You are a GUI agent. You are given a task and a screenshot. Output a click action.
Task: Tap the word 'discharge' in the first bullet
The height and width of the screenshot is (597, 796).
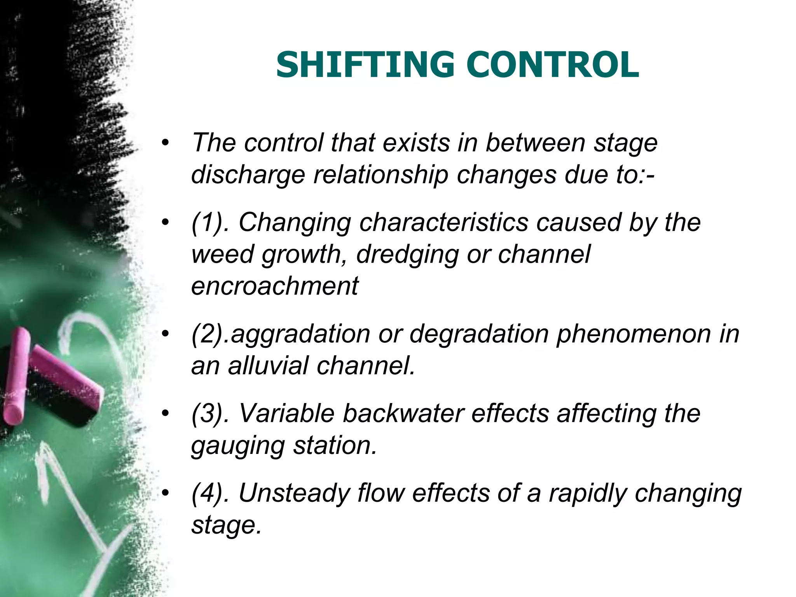coord(248,175)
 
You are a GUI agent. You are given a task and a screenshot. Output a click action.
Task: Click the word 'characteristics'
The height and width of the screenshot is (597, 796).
coord(443,222)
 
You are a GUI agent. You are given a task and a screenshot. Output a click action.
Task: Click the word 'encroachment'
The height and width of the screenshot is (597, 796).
coord(275,286)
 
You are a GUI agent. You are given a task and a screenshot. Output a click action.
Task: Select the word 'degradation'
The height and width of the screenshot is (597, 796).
coord(478,334)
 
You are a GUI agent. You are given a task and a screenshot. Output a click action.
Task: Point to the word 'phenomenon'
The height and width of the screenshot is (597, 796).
coord(634,334)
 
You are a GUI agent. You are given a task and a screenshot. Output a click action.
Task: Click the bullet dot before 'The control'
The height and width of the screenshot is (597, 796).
coord(166,143)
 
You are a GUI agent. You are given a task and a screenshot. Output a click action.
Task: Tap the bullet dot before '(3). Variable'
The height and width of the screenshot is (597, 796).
coord(166,414)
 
